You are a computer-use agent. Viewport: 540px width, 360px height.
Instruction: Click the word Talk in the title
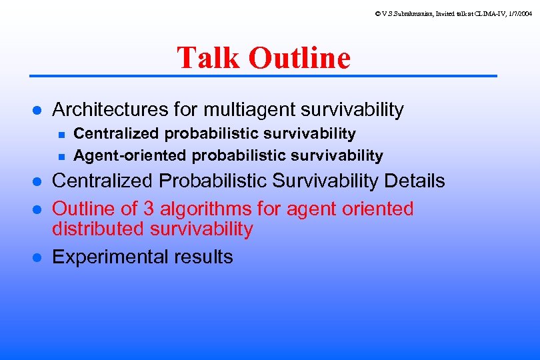[x=209, y=58]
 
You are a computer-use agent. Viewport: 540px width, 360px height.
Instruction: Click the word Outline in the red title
[x=299, y=58]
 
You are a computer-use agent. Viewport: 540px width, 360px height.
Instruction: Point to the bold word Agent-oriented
[x=131, y=156]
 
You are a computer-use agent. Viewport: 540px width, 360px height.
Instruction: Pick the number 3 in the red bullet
[x=148, y=209]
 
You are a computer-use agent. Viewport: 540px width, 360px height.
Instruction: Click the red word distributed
[x=99, y=229]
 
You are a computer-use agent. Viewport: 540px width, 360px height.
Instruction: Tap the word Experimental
[x=109, y=257]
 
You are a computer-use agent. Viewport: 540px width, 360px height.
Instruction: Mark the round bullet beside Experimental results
[x=39, y=258]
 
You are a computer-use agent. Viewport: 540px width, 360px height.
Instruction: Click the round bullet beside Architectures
[x=39, y=110]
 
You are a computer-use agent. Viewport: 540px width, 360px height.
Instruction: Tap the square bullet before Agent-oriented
[x=61, y=157]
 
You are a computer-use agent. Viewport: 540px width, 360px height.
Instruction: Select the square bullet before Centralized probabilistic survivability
[x=61, y=135]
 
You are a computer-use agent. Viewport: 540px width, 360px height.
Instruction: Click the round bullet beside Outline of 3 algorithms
[x=39, y=210]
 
